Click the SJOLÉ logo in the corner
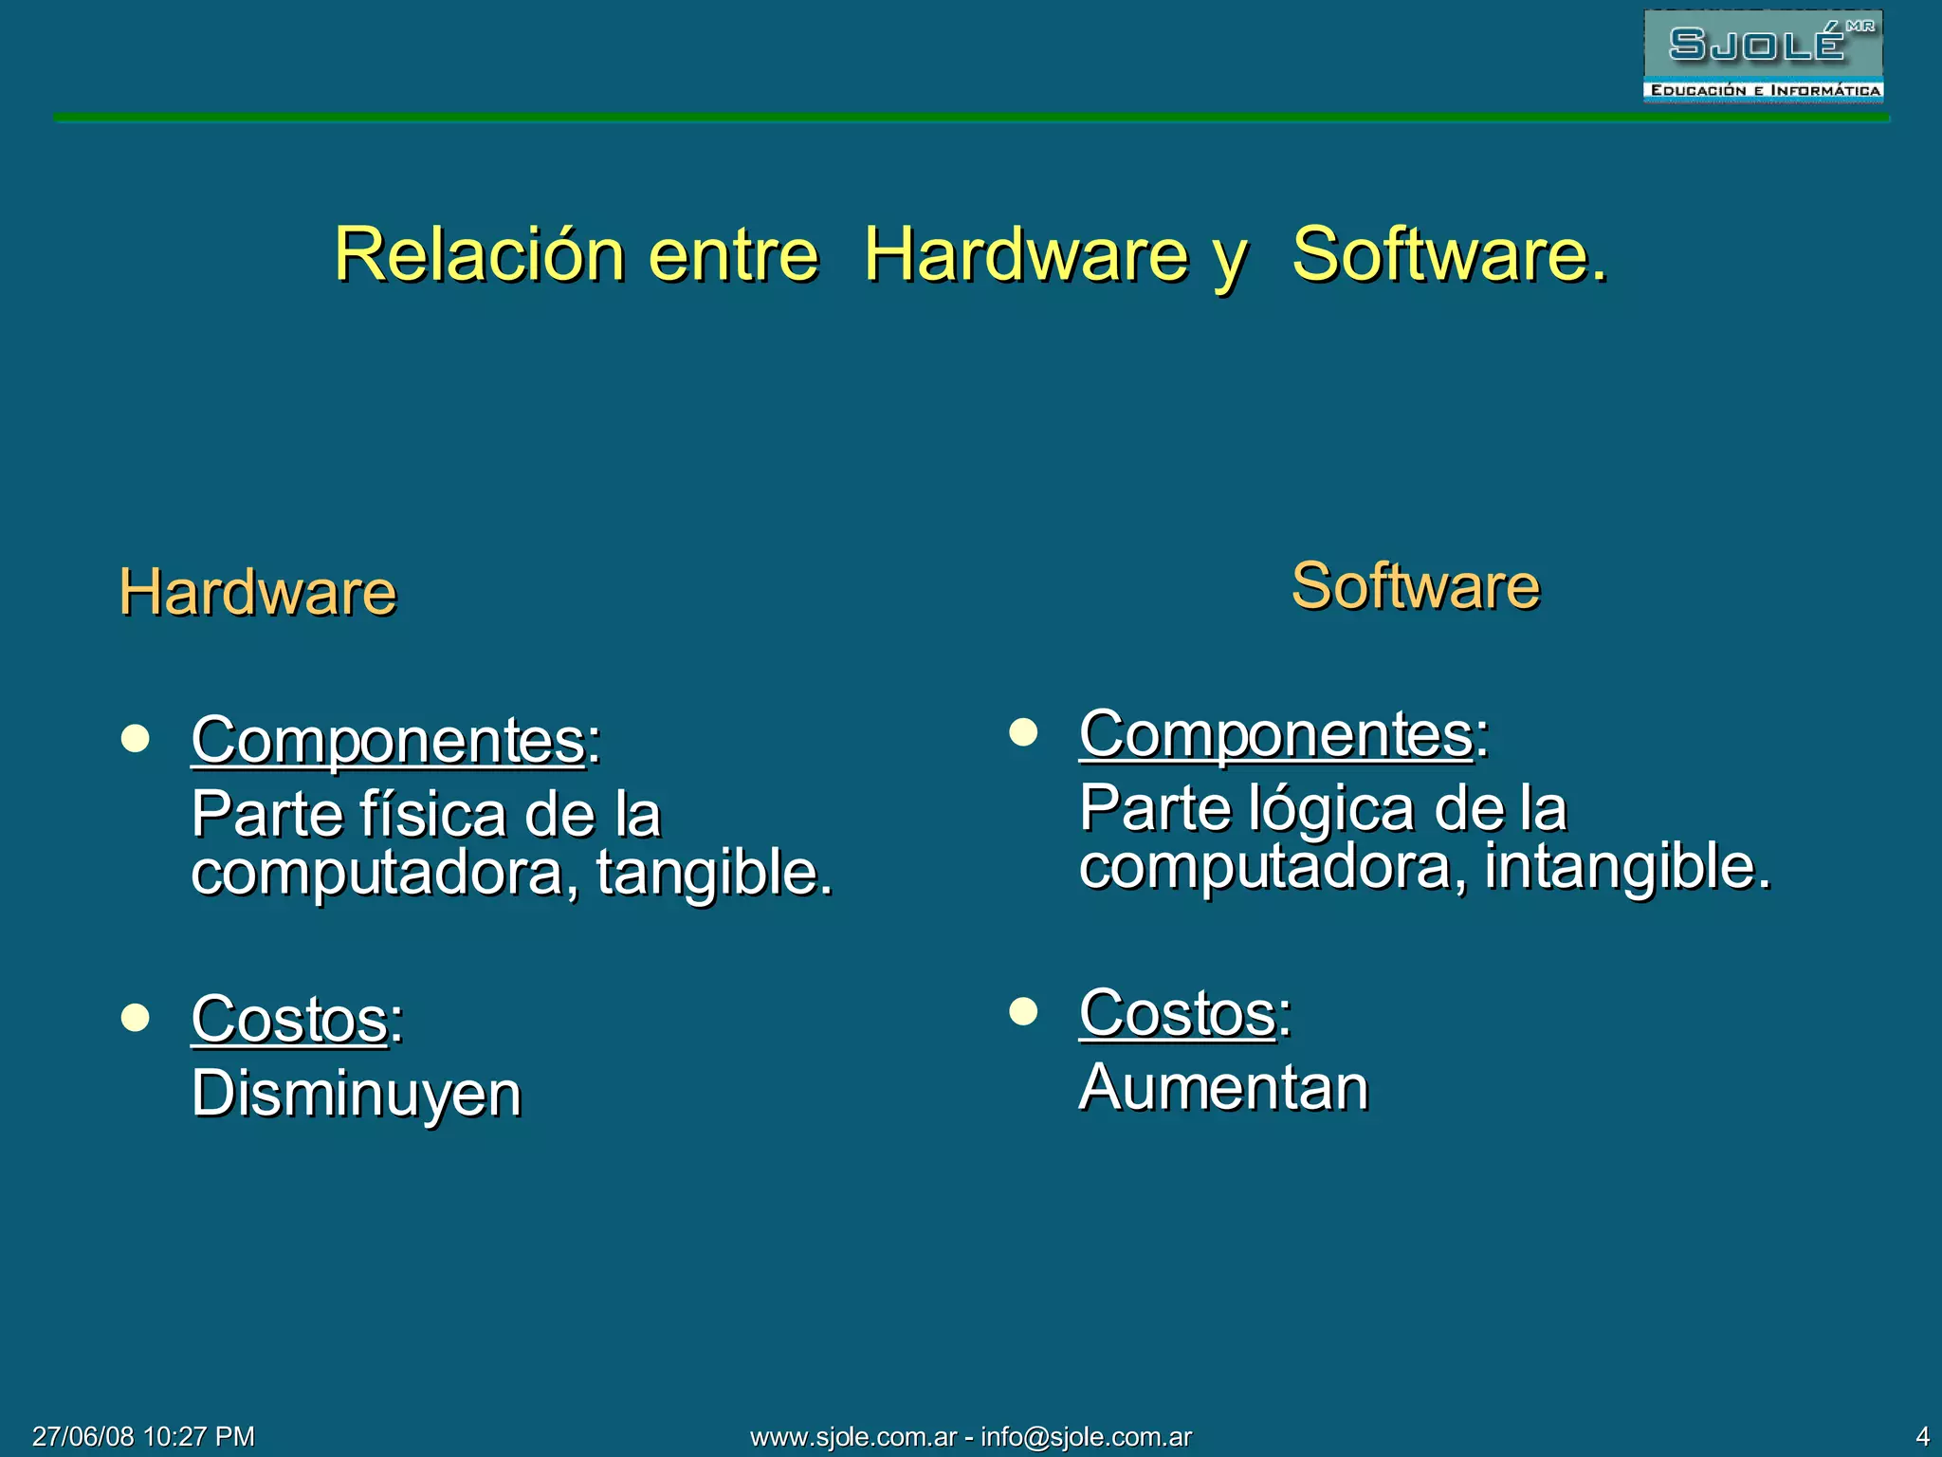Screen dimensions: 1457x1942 tap(1762, 56)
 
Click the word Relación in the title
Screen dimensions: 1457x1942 tap(480, 254)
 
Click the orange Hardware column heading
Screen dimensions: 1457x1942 tap(258, 592)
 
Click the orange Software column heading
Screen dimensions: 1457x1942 tap(1415, 585)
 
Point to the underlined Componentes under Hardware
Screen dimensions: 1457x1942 tap(388, 740)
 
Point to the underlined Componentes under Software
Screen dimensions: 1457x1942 tap(1275, 733)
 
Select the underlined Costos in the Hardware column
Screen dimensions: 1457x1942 tap(289, 1019)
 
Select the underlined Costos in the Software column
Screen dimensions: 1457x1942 tap(1177, 1012)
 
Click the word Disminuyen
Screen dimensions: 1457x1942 tap(357, 1093)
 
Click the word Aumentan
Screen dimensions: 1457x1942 tap(1223, 1087)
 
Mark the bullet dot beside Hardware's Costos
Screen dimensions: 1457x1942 tap(136, 1018)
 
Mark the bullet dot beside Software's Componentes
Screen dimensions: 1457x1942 tap(1023, 732)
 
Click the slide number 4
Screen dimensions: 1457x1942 tap(1922, 1436)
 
